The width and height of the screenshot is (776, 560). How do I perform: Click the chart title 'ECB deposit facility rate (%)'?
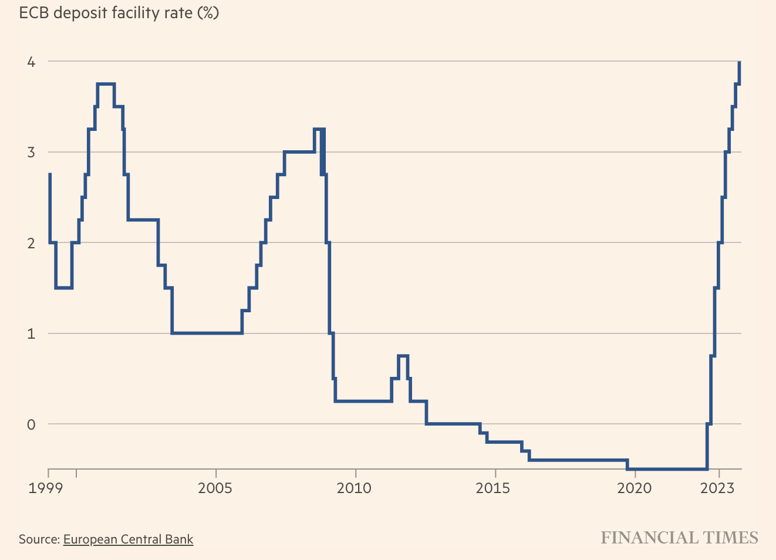(119, 12)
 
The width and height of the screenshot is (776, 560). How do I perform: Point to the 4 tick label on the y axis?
(32, 62)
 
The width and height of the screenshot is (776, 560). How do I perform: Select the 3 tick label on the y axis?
(32, 153)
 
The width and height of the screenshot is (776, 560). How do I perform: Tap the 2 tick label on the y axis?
(32, 243)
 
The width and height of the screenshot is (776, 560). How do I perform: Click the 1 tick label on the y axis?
(32, 334)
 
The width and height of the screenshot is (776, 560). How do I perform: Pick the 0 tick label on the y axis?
(32, 424)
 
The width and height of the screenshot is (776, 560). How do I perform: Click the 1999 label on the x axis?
(46, 488)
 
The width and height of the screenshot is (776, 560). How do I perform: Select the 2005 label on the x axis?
(215, 488)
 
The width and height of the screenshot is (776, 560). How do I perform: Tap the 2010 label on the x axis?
(354, 488)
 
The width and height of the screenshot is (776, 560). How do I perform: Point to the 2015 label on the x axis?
(494, 488)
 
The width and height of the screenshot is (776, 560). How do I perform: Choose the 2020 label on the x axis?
(634, 488)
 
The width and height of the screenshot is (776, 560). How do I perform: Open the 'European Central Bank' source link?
(128, 539)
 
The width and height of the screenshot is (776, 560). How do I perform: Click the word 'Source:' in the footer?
(39, 539)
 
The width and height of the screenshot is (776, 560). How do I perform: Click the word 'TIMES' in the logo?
(731, 538)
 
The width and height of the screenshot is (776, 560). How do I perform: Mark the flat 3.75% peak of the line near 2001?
(106, 84)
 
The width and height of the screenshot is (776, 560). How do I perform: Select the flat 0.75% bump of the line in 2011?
(403, 356)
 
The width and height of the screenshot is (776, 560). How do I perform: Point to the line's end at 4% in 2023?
(739, 62)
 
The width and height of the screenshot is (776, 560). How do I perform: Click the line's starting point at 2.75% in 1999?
(49, 174)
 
